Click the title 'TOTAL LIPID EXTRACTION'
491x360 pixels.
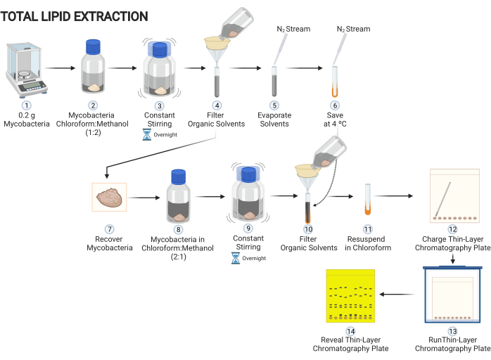(x=75, y=17)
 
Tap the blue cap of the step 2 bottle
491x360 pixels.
(x=93, y=47)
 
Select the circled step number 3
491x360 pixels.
(x=160, y=105)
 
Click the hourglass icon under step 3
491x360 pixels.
(x=146, y=134)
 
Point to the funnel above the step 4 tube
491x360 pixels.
(x=217, y=49)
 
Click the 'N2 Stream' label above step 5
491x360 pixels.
(x=293, y=29)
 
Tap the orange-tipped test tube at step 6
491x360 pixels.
(x=335, y=82)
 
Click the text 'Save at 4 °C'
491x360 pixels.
(x=335, y=120)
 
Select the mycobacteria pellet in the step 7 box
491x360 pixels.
(x=109, y=197)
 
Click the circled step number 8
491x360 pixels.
(x=179, y=229)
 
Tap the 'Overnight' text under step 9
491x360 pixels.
(x=254, y=258)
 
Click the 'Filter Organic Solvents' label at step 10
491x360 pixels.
(x=309, y=243)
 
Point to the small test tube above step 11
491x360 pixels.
(x=368, y=199)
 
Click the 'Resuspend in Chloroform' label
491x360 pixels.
(x=368, y=243)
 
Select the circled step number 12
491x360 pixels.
(x=453, y=229)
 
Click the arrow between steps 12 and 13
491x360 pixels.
(x=453, y=259)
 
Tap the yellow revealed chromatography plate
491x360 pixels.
(x=350, y=296)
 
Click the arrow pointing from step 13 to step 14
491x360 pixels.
(x=397, y=295)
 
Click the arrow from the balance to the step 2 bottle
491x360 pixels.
(x=60, y=68)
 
